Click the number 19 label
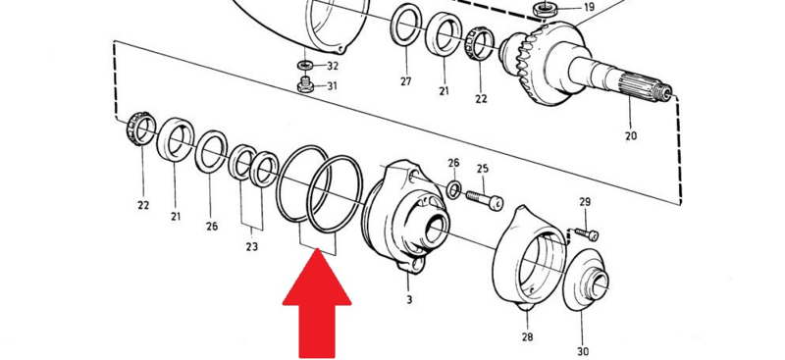(x=589, y=8)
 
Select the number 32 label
(x=333, y=66)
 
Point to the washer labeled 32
(x=305, y=65)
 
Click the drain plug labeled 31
(x=305, y=84)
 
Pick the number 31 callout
(x=332, y=86)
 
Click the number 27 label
(x=405, y=82)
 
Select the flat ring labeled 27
(x=405, y=24)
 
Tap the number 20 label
(x=631, y=135)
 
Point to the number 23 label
(x=252, y=246)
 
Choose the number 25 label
(x=483, y=169)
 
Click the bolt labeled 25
(x=485, y=199)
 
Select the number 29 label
(x=585, y=202)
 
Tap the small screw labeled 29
(x=587, y=233)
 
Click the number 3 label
(x=409, y=300)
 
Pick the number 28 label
(x=527, y=336)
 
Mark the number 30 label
(x=583, y=351)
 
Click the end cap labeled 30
(x=586, y=280)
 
